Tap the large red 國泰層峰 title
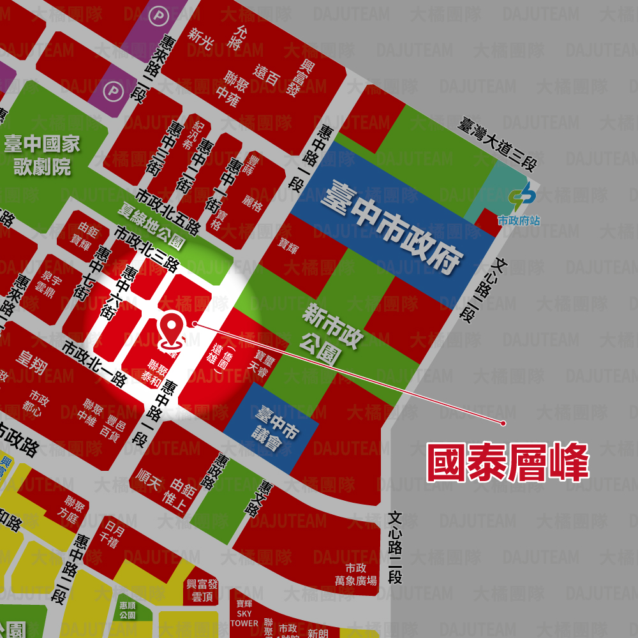coord(507,463)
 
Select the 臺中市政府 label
coord(391,225)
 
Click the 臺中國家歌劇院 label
coord(42,155)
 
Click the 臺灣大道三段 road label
coord(496,144)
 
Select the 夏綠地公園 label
coord(151,225)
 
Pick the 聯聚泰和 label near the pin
coord(157,371)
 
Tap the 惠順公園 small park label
coord(128,610)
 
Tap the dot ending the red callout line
coord(503,422)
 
